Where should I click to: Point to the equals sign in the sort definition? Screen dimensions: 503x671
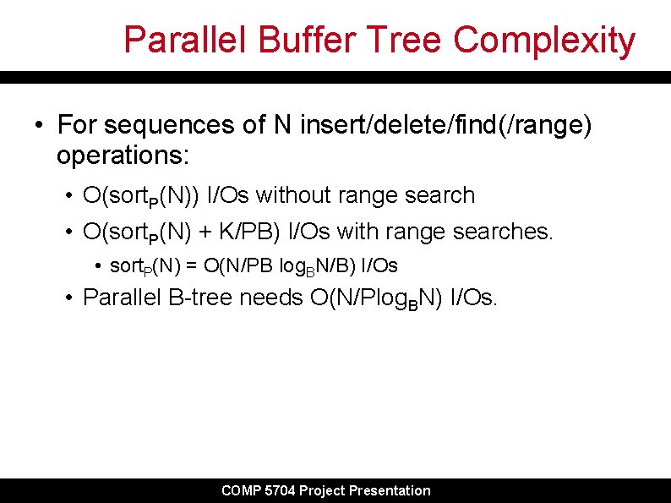pyautogui.click(x=192, y=265)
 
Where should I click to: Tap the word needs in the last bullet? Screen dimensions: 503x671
pyautogui.click(x=270, y=298)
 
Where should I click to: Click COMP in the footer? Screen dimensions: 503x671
pyautogui.click(x=241, y=490)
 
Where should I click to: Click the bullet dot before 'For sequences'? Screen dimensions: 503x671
pyautogui.click(x=39, y=127)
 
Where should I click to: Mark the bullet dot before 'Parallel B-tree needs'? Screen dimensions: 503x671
pyautogui.click(x=70, y=298)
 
